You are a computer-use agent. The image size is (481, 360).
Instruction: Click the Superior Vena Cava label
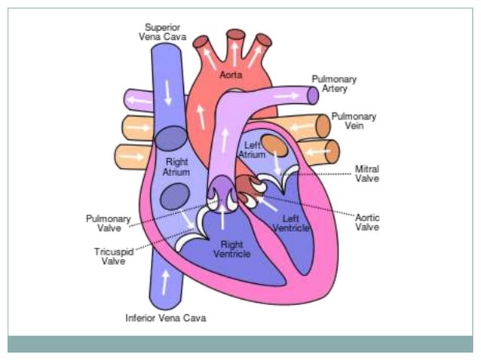163,32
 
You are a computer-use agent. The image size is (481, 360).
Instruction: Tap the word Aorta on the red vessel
231,75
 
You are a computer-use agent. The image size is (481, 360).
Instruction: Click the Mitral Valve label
366,173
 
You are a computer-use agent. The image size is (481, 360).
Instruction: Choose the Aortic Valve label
366,221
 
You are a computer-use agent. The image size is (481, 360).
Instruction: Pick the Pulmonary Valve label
108,223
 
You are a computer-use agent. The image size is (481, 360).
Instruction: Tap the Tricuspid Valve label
114,256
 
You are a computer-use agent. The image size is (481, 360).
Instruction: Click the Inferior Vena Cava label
165,318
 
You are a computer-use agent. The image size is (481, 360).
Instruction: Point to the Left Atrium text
251,149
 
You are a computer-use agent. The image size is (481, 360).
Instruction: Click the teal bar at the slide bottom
240,344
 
